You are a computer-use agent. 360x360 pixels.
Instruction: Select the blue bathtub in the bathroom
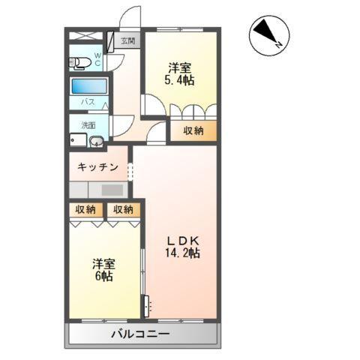(89, 85)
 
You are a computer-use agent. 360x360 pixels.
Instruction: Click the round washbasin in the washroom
(96, 141)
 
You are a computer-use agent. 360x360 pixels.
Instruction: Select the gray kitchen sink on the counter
(112, 190)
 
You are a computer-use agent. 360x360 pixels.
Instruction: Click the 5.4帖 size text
(181, 80)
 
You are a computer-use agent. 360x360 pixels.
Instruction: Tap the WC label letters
(98, 59)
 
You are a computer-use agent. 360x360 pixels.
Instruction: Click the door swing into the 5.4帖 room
(153, 105)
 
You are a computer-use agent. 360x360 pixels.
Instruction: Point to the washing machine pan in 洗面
(78, 140)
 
